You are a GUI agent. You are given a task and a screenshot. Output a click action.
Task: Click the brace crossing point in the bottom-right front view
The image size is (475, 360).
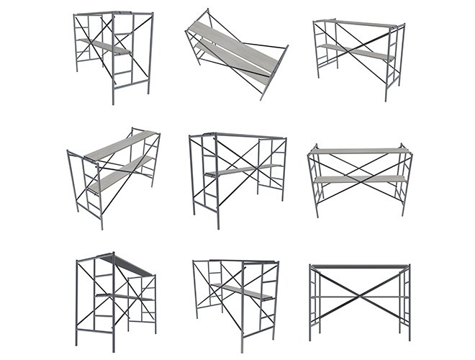coord(359,294)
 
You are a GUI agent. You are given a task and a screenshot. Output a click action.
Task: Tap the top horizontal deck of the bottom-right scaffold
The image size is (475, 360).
coord(359,266)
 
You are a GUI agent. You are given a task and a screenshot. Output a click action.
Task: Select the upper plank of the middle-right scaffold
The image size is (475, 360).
coord(359,151)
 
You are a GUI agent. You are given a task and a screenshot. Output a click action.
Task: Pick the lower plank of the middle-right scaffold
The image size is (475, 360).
coord(359,179)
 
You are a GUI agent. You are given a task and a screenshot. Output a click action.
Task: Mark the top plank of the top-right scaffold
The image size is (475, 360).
coord(356,24)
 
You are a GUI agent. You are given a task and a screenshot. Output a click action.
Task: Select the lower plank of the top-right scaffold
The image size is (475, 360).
coord(356,52)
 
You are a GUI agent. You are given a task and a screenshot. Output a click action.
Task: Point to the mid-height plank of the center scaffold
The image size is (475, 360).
coord(241,171)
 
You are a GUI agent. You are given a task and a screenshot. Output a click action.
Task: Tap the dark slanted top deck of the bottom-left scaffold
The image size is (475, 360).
coord(130,265)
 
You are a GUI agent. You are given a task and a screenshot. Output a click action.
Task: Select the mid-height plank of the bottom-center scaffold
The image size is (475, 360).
coord(242,291)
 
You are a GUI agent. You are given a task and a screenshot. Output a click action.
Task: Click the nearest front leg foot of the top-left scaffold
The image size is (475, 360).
coord(113,102)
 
